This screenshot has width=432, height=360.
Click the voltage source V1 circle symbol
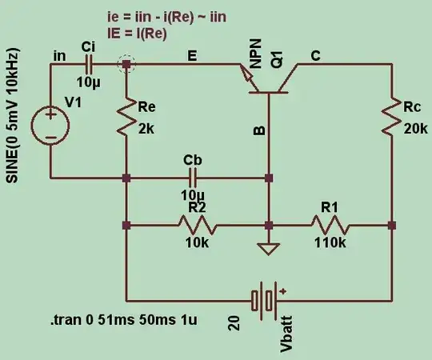pos(50,125)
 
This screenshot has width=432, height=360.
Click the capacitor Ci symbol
pos(89,64)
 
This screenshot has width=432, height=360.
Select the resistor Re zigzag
pos(126,119)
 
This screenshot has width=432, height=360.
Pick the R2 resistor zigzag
pos(195,226)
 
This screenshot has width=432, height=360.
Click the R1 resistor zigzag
pos(330,226)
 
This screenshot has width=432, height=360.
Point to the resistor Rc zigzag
pos(391,118)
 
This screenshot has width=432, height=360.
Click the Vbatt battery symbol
pos(263,300)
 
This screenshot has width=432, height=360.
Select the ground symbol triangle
pos(270,248)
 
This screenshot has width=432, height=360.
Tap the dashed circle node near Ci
pos(126,64)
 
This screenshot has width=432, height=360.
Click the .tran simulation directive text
pos(123,321)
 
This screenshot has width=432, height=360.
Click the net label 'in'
pos(59,54)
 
